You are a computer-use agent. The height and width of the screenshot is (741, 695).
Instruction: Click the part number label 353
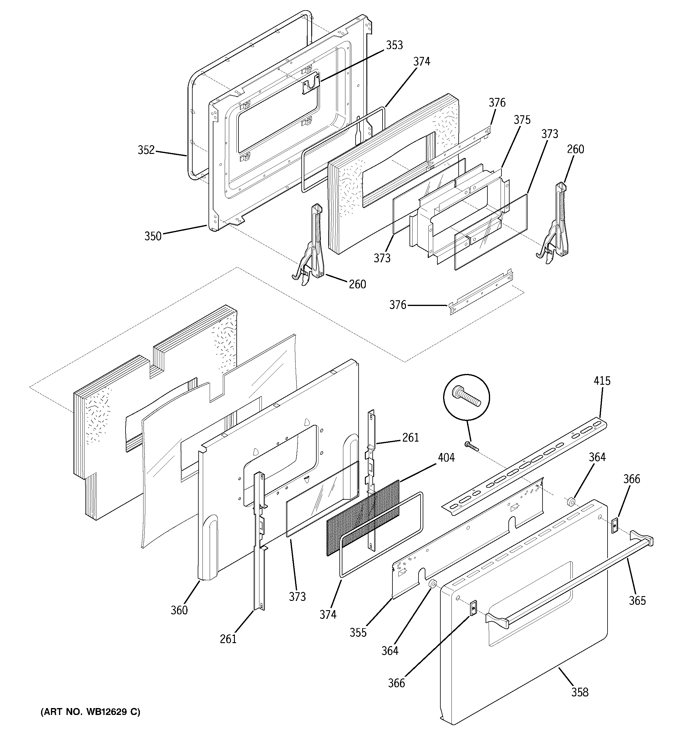pos(394,45)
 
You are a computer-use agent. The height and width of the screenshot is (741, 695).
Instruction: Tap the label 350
pos(153,236)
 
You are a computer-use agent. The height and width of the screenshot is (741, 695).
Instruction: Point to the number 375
pos(522,120)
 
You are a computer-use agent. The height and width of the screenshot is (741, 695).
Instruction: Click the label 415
pos(602,381)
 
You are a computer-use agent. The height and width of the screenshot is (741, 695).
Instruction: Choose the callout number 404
pos(446,457)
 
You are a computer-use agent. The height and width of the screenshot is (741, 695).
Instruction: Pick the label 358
pos(580,692)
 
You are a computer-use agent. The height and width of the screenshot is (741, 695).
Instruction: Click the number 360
pos(179,610)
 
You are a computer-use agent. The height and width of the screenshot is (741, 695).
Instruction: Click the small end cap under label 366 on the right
pos(614,525)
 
